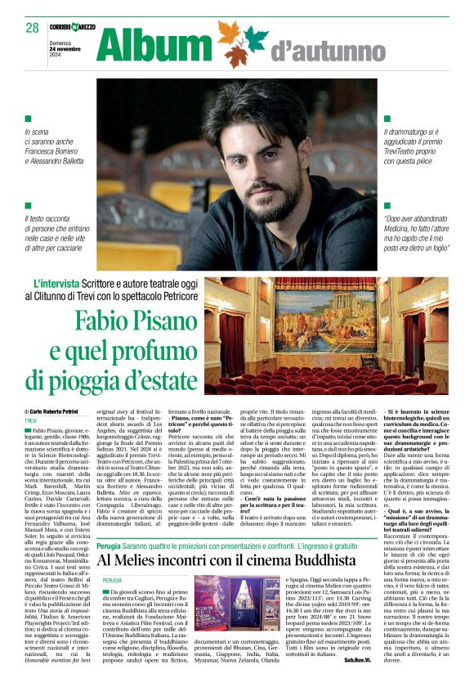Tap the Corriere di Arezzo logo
pyautogui.click(x=72, y=28)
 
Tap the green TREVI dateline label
pyautogui.click(x=34, y=420)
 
